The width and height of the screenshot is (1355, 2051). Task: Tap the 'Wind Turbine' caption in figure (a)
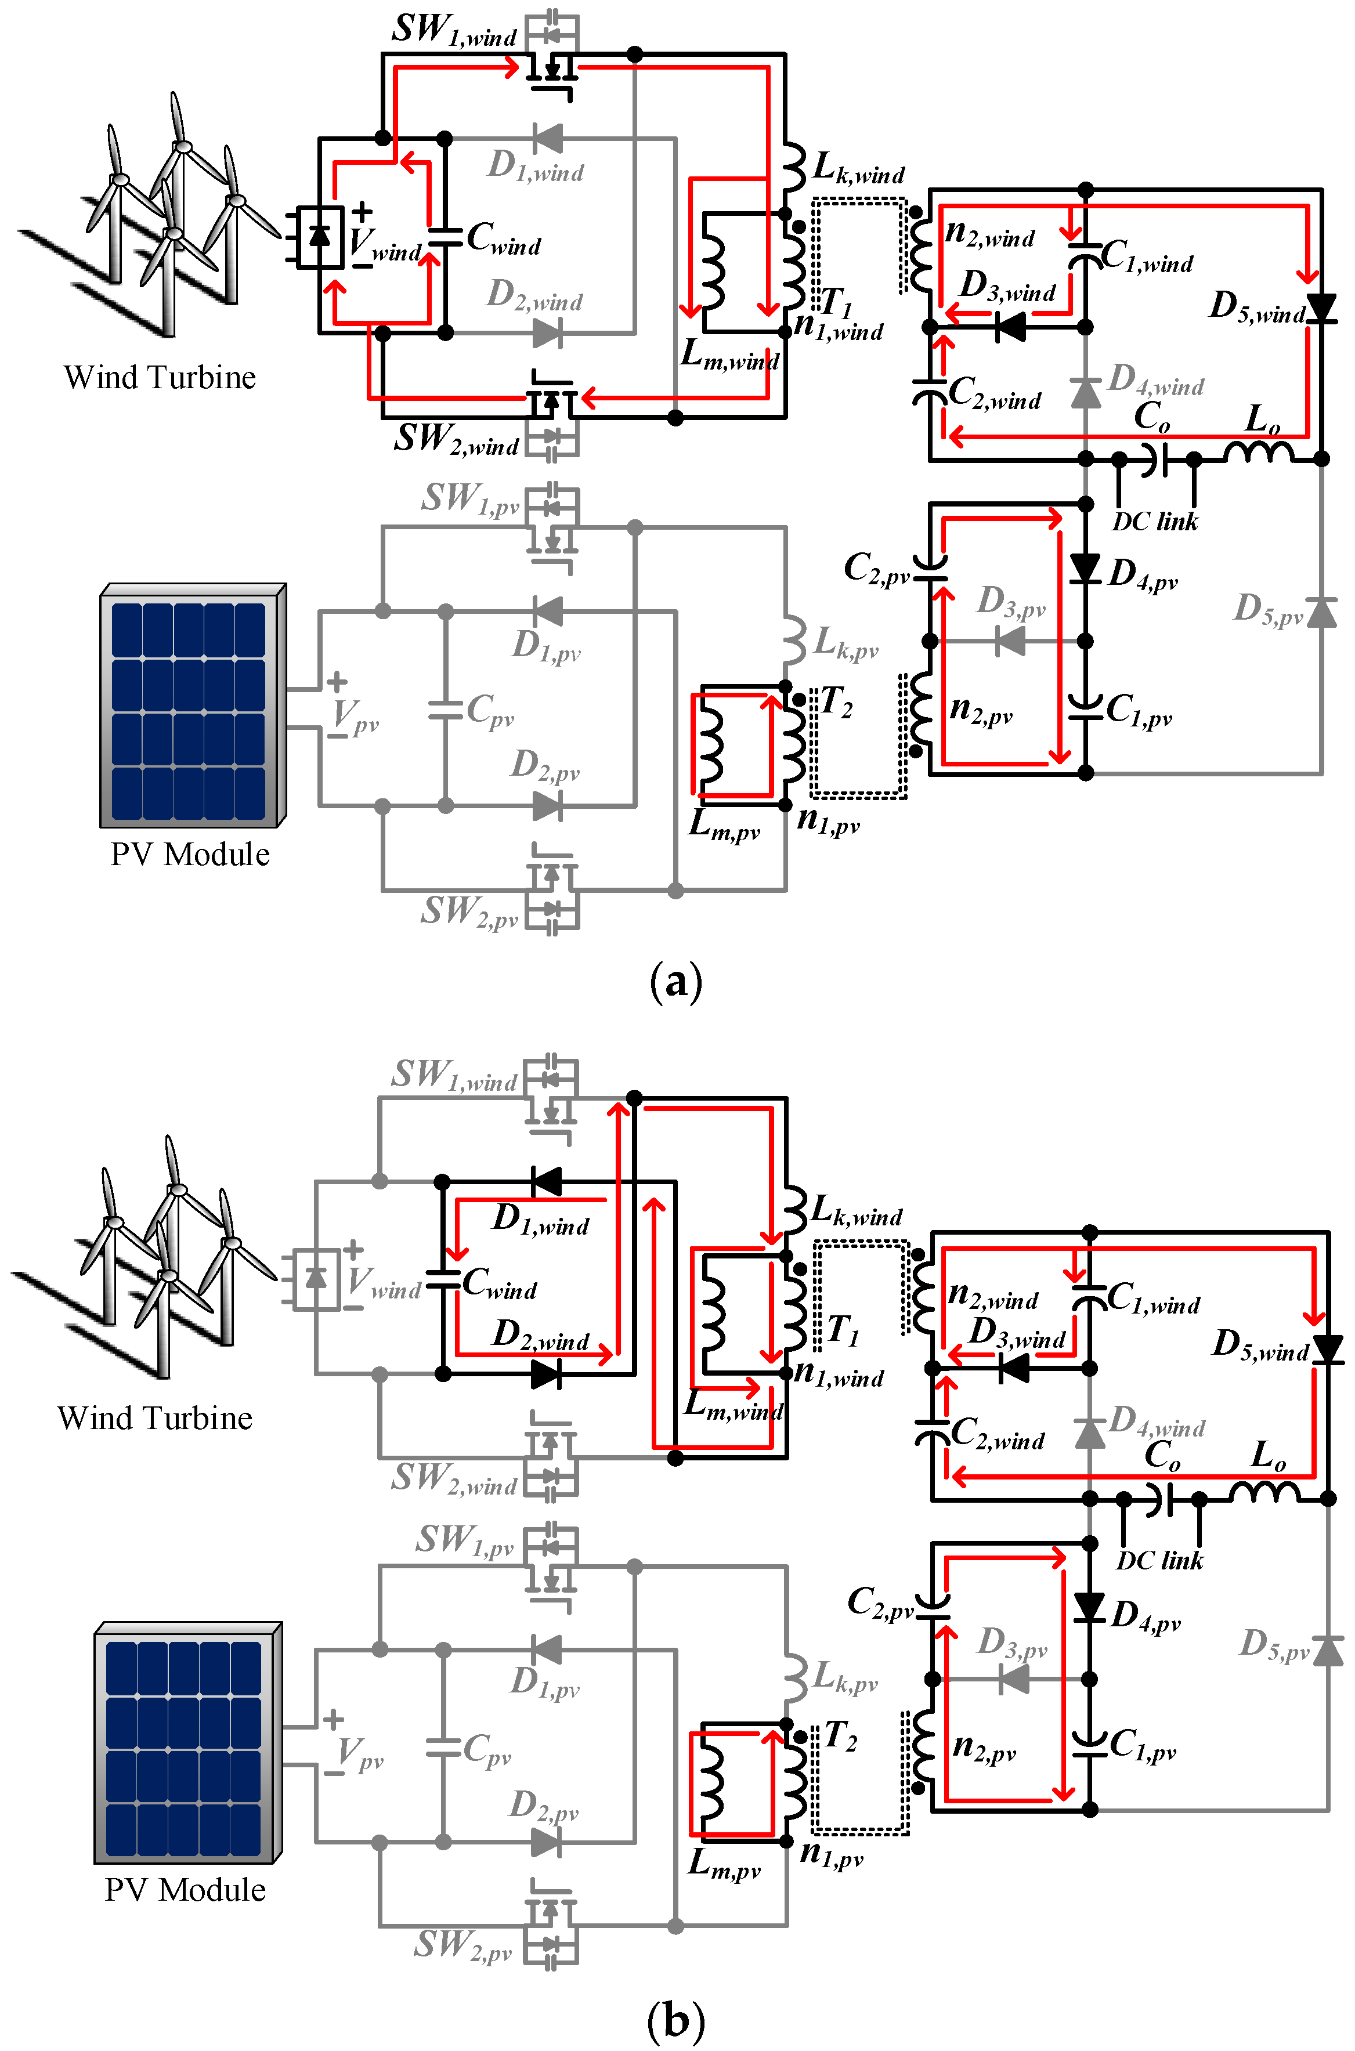[160, 378]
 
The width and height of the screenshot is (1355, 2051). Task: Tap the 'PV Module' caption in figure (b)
[185, 1890]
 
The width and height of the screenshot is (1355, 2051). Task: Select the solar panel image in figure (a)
[192, 705]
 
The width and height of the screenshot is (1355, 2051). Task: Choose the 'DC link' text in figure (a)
[1155, 522]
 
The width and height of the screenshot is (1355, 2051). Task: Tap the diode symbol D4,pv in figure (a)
[1085, 569]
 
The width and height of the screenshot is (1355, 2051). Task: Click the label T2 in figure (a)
[836, 701]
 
